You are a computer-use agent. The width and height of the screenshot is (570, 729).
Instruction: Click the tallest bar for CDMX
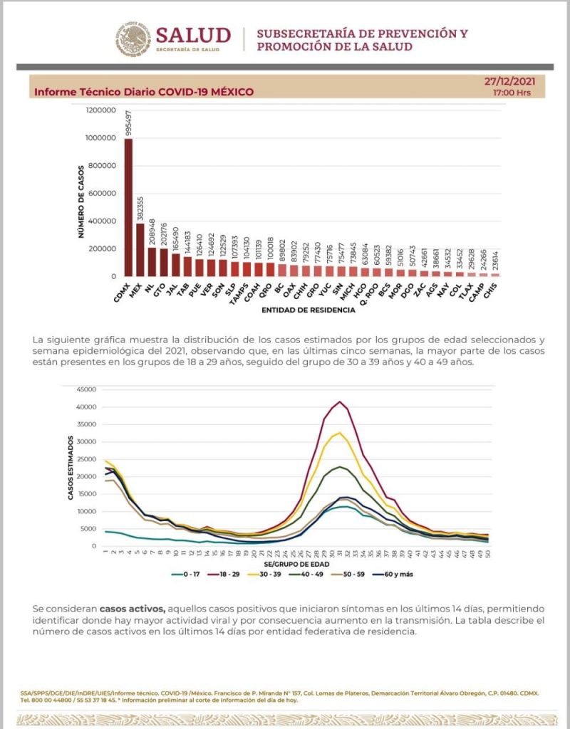[128, 206]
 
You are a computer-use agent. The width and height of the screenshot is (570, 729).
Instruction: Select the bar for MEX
[140, 249]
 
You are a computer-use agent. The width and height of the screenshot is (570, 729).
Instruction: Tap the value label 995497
[129, 122]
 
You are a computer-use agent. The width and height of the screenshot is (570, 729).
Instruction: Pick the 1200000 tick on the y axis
[101, 110]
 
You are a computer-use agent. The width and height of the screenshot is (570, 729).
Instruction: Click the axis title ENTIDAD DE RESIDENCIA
[307, 310]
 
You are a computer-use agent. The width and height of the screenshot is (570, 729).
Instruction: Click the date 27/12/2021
[509, 81]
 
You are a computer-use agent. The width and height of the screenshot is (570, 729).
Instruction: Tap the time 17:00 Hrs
[512, 93]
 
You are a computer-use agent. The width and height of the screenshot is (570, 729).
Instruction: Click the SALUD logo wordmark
[193, 35]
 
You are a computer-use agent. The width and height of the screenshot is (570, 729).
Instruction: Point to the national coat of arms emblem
[133, 38]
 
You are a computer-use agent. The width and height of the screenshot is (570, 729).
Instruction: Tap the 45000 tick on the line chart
[85, 389]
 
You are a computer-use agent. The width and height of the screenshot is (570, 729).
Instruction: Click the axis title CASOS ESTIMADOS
[71, 468]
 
